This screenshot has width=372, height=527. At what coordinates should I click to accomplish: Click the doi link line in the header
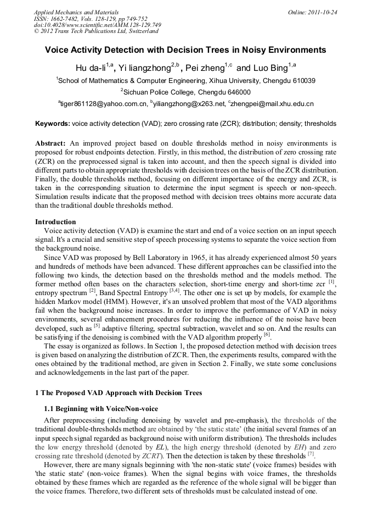pyautogui.click(x=98, y=25)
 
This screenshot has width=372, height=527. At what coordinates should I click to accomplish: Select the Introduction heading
pyautogui.click(x=55, y=222)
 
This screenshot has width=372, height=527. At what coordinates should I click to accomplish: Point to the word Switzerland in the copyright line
pyautogui.click(x=139, y=31)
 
